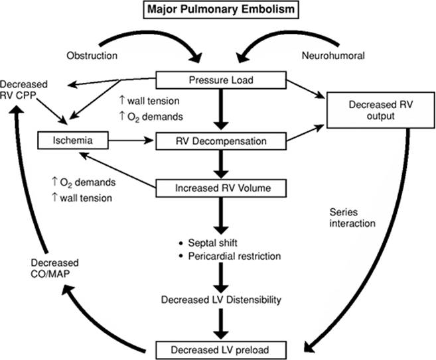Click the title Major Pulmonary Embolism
217,11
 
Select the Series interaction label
351,218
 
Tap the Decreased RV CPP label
22,90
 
